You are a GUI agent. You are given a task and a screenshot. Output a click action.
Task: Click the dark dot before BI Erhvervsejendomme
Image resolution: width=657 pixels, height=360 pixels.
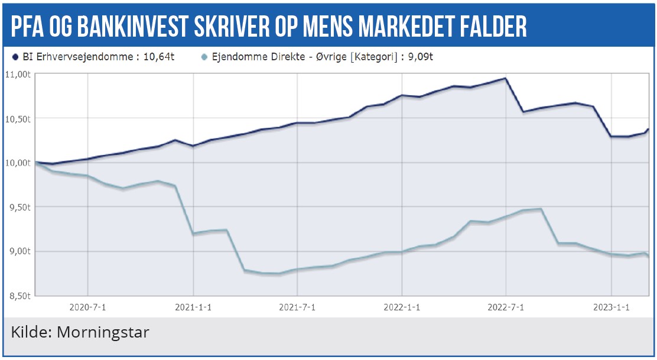15,57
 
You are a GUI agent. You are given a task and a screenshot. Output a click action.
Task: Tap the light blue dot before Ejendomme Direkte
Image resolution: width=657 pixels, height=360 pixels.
204,57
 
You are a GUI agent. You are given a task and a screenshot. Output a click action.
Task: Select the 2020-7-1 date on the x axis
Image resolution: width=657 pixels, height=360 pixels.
88,307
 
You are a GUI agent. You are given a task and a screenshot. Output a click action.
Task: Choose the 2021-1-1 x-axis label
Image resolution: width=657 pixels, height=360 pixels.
193,307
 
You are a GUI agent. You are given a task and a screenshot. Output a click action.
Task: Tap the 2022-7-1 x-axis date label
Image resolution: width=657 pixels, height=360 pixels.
506,307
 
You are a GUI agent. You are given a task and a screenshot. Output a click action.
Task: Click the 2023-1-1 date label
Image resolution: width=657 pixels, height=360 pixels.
612,307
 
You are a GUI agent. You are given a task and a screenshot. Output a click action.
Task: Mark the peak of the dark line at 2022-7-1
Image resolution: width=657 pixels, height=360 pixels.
506,78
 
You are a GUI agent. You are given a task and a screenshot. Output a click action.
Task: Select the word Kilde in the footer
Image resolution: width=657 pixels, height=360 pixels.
30,332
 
